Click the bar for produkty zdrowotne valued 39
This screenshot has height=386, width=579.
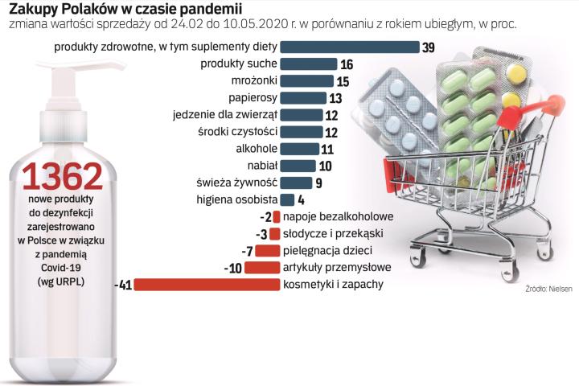(x=350, y=47)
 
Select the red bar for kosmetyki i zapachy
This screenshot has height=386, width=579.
(x=206, y=285)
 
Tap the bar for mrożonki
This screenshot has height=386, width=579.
(x=306, y=81)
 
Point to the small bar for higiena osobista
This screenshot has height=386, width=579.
(x=287, y=199)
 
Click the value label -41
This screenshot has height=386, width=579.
(x=123, y=285)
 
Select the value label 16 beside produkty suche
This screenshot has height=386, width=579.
(x=347, y=64)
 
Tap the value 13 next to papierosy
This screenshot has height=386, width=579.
(x=336, y=98)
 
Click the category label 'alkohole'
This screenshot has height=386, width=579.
(x=257, y=149)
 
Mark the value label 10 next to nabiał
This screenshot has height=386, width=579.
(x=326, y=166)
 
